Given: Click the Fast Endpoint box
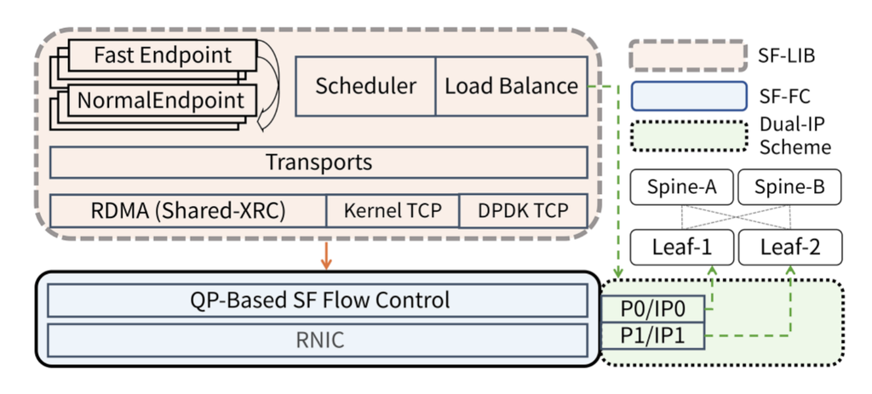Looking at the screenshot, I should pos(162,56).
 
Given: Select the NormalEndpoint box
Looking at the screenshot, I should pos(162,100).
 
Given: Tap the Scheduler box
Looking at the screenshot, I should pos(365,86).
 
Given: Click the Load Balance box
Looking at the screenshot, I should pos(511,86).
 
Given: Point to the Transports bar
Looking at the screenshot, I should pos(318,162).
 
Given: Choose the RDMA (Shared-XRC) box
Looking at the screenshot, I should pos(188,210).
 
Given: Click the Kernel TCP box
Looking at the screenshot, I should pos(393,210).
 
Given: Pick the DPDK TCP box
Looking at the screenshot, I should pos(523,210).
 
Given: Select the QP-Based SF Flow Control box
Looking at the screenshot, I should pos(318,300).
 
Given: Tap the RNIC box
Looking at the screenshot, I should pos(318,340).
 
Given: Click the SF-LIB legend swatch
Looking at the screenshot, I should pos(685,57).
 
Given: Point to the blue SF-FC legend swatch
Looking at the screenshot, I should pos(685,96).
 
